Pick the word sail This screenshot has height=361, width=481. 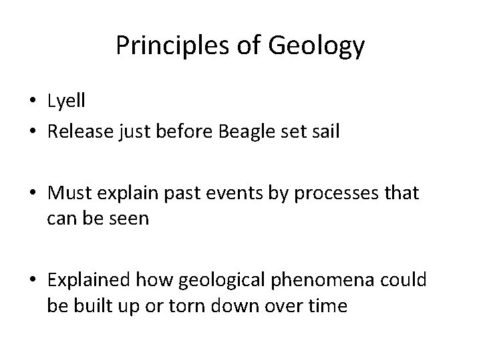point(324,132)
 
